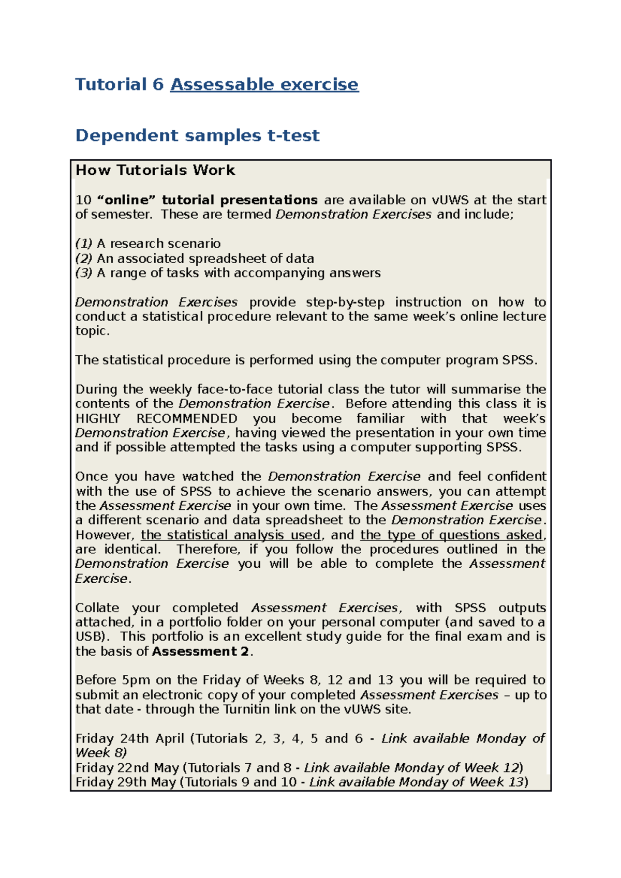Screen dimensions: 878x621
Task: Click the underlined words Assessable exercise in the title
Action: (264, 84)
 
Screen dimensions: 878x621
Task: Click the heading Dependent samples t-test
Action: (197, 135)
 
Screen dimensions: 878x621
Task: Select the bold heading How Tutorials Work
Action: (155, 170)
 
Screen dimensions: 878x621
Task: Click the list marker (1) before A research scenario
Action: (83, 244)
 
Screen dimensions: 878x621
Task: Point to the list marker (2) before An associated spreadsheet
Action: (83, 259)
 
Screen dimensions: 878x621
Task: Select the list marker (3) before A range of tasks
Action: (83, 273)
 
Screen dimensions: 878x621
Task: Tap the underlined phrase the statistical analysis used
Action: (231, 535)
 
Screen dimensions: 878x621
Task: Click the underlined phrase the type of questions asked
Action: (451, 535)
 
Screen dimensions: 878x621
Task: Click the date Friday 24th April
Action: (129, 739)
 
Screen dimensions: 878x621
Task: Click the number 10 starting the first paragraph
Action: (83, 200)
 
